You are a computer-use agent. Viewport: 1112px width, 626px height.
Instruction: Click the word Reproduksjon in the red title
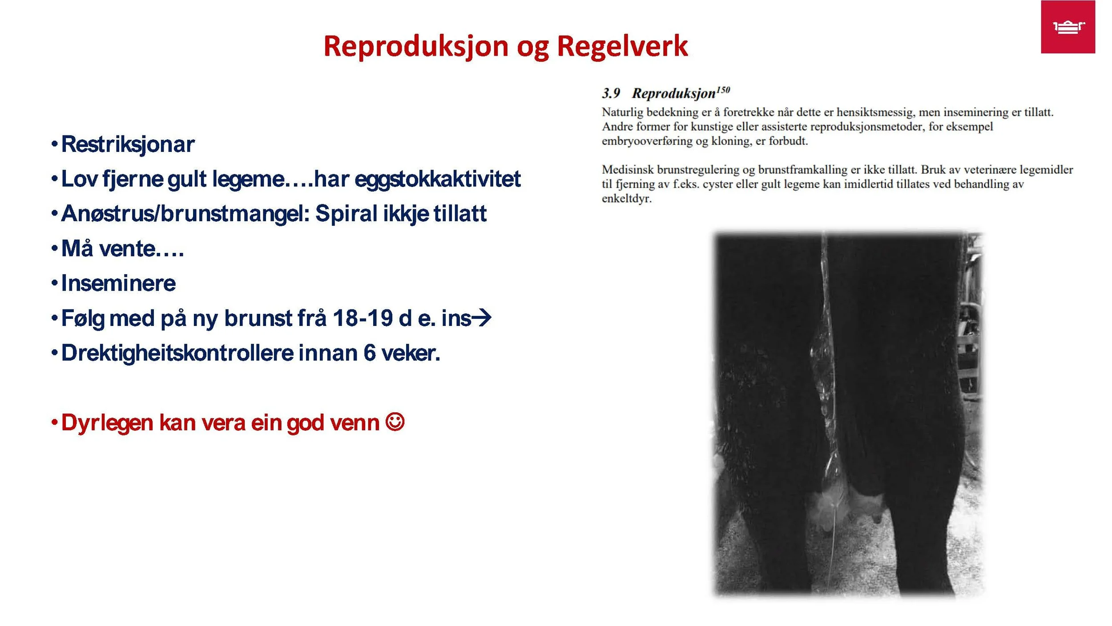click(x=415, y=46)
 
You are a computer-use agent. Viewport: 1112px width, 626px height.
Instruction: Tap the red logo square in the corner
click(x=1068, y=27)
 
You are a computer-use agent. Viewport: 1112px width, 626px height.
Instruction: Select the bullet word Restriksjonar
click(x=128, y=144)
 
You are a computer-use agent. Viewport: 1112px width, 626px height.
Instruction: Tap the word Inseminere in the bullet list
click(x=118, y=284)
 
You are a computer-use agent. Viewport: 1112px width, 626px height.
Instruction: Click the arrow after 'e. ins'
click(x=481, y=317)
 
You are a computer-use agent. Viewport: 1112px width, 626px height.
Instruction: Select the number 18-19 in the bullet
click(x=362, y=318)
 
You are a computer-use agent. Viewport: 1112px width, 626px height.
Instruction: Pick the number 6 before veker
click(x=369, y=353)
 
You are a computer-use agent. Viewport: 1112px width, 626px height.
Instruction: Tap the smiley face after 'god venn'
click(x=395, y=422)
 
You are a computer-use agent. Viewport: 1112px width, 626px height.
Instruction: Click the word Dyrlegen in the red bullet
click(x=107, y=423)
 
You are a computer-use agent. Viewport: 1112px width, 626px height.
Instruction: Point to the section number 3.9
click(x=611, y=93)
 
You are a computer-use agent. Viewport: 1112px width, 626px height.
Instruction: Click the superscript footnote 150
click(x=723, y=90)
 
